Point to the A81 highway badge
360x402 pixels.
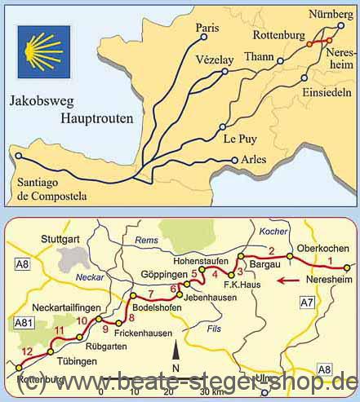(x=22, y=324)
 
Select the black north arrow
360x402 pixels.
(x=174, y=353)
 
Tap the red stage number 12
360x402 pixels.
(x=25, y=351)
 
